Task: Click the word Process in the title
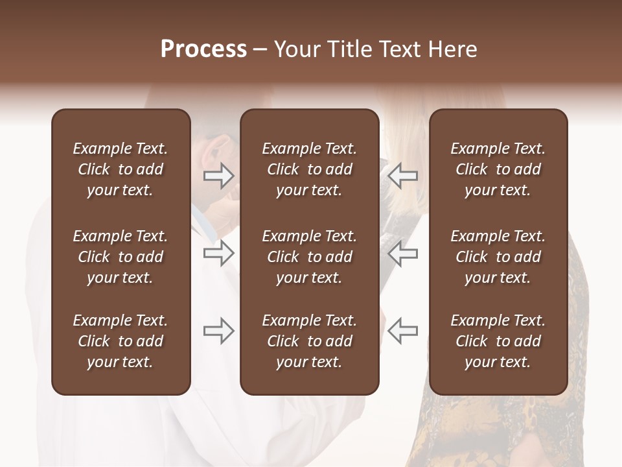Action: [x=203, y=49]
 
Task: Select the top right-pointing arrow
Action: [x=219, y=176]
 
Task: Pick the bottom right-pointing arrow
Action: [x=219, y=331]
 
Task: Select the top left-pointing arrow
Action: [x=402, y=176]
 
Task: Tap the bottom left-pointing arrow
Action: [x=402, y=331]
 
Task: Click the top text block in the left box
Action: [x=121, y=169]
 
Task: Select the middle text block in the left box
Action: [x=121, y=257]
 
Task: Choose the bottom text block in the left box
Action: [x=121, y=341]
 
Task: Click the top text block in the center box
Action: [x=309, y=169]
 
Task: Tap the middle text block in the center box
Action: [x=309, y=257]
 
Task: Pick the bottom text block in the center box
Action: [x=309, y=341]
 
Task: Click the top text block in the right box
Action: [x=498, y=169]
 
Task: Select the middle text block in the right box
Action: [x=498, y=257]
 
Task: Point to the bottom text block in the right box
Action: [x=498, y=341]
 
